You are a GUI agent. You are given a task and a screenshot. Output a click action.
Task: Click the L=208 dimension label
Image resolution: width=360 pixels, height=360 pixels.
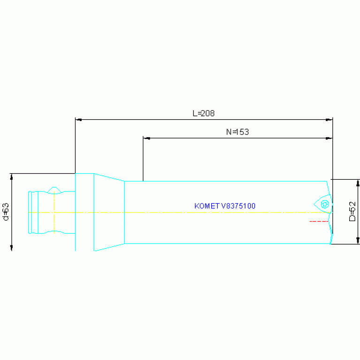pyautogui.click(x=204, y=113)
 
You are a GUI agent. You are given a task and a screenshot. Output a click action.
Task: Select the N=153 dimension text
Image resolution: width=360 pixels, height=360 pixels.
pyautogui.click(x=237, y=132)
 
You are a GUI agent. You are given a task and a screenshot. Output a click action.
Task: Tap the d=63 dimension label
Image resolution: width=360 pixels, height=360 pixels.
pyautogui.click(x=6, y=212)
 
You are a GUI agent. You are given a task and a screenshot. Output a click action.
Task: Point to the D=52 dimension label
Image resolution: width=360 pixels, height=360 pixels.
pyautogui.click(x=352, y=211)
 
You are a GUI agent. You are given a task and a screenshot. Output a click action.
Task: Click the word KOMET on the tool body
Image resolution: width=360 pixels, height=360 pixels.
pyautogui.click(x=205, y=206)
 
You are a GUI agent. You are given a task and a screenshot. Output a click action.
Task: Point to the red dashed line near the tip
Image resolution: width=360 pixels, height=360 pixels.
pyautogui.click(x=319, y=221)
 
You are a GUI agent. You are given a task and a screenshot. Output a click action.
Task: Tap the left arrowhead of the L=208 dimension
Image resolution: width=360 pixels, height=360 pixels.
pyautogui.click(x=78, y=120)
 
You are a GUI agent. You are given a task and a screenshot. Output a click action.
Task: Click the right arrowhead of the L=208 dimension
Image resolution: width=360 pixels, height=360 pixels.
pyautogui.click(x=329, y=120)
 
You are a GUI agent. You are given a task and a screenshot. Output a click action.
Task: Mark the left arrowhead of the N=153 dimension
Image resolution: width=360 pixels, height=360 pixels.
pyautogui.click(x=146, y=138)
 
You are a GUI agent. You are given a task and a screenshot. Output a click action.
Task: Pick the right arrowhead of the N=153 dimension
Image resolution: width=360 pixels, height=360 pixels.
pyautogui.click(x=329, y=138)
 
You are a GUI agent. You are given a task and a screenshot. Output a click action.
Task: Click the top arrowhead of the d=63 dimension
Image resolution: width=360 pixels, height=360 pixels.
pyautogui.click(x=11, y=176)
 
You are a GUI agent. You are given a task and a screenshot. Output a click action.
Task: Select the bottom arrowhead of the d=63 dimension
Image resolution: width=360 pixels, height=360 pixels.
pyautogui.click(x=11, y=248)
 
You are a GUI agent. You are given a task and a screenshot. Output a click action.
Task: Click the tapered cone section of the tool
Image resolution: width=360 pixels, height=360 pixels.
pyautogui.click(x=109, y=212)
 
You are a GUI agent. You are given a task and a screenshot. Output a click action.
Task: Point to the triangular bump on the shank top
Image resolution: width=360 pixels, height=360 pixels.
pyautogui.click(x=55, y=189)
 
